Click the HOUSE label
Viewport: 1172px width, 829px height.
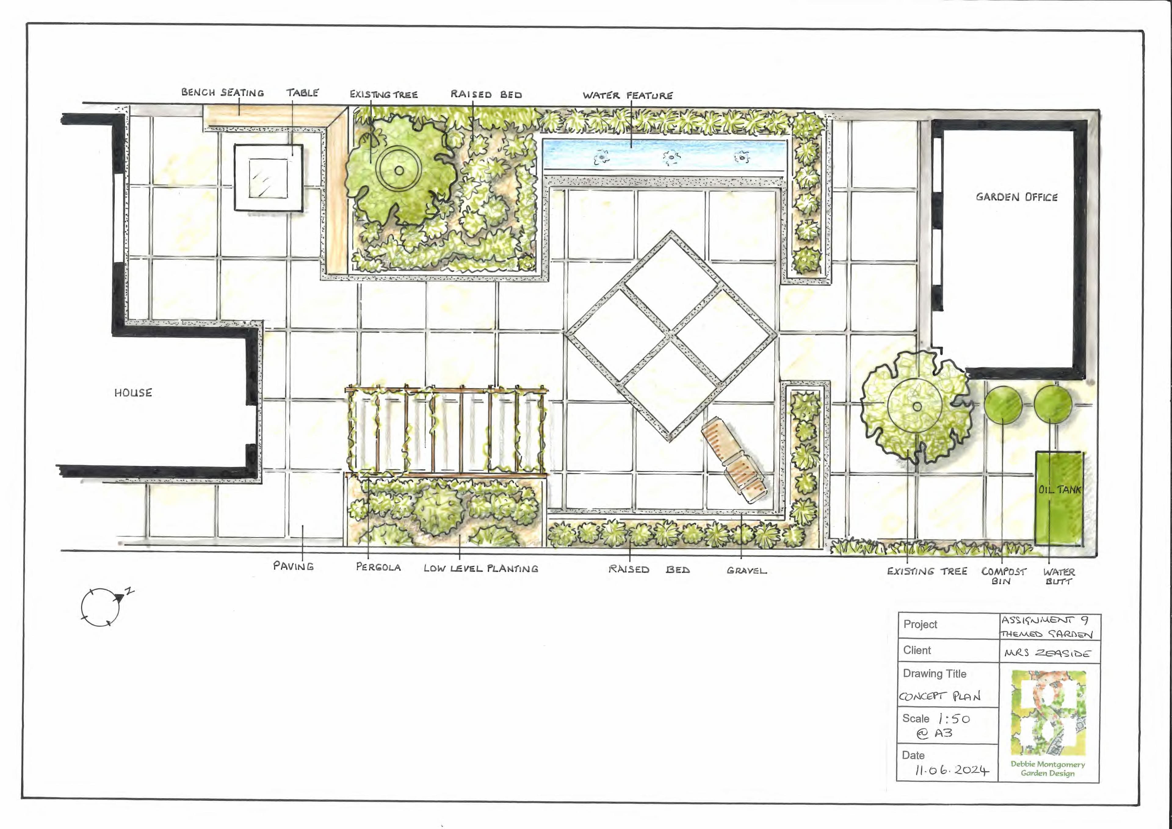pyautogui.click(x=133, y=393)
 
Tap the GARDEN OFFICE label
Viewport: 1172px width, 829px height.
pyautogui.click(x=1016, y=197)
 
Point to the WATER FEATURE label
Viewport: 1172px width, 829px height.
pyautogui.click(x=628, y=96)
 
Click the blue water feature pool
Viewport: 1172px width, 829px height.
pyautogui.click(x=665, y=155)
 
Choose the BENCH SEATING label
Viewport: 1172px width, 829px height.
pyautogui.click(x=222, y=92)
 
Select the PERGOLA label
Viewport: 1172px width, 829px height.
pyautogui.click(x=378, y=567)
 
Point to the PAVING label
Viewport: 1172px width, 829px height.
pyautogui.click(x=294, y=566)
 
